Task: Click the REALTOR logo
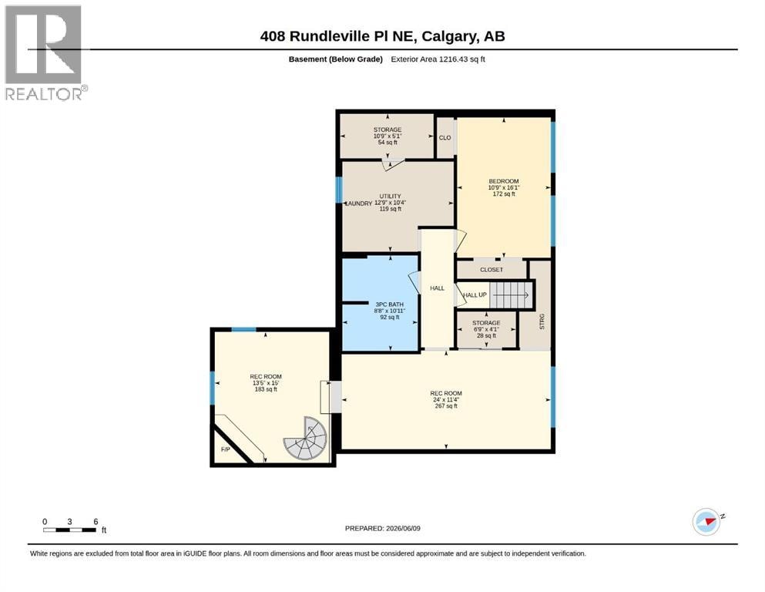coord(46,52)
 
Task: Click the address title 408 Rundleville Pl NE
coord(337,36)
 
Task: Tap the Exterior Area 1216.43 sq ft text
coord(438,59)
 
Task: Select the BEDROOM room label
coord(504,181)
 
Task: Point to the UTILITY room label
coord(391,197)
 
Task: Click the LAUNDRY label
coord(358,203)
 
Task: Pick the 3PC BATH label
coord(389,304)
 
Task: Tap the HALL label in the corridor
coord(437,288)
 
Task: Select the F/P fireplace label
coord(226,449)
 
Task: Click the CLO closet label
coord(445,138)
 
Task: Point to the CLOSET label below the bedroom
coord(492,270)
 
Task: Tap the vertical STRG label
coord(542,321)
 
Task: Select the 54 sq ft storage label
coord(388,143)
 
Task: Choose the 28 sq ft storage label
coord(486,336)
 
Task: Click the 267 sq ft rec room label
coord(446,406)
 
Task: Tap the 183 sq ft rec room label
coord(266,389)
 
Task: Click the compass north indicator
coord(707,522)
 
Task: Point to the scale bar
coord(70,530)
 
